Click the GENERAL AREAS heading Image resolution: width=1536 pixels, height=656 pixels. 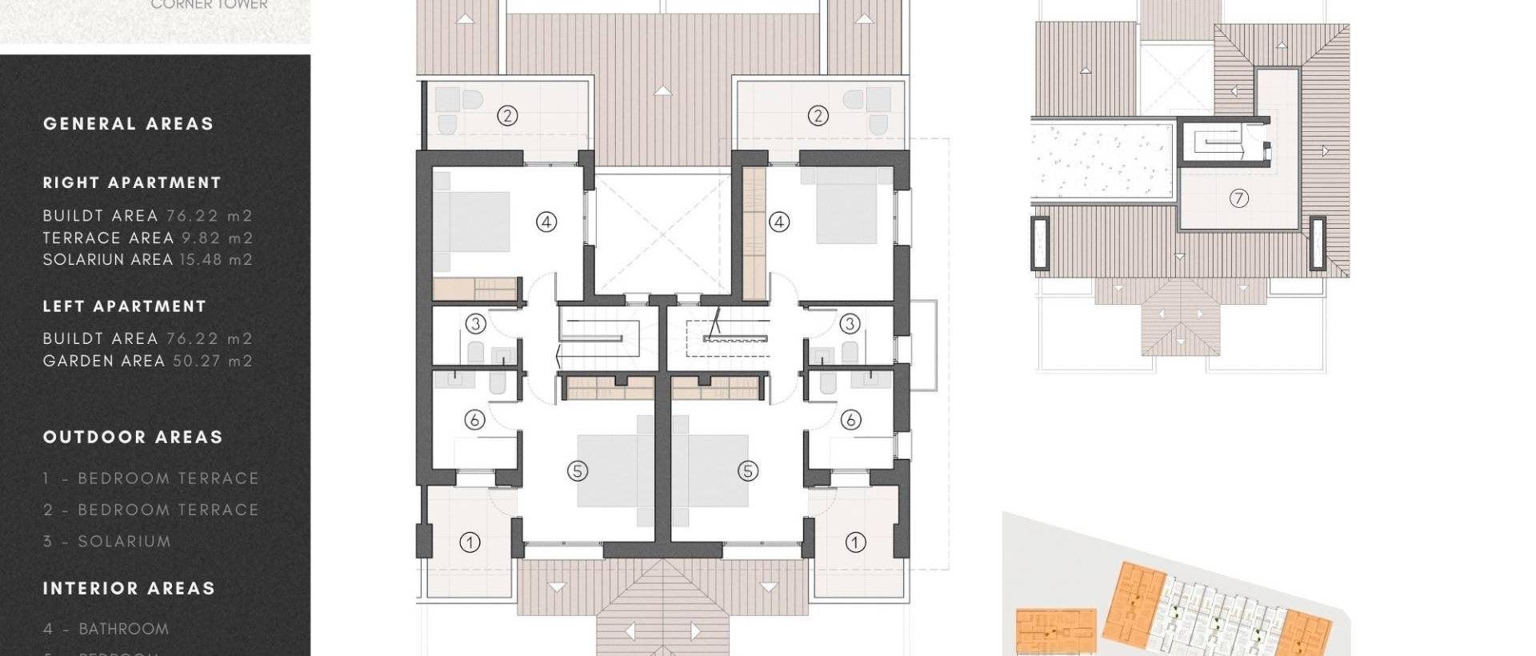pyautogui.click(x=128, y=124)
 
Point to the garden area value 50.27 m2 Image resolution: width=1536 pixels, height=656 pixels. pyautogui.click(x=213, y=361)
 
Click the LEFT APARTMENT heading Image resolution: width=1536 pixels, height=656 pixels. pyautogui.click(x=124, y=306)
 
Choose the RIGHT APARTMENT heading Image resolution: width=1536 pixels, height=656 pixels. pyautogui.click(x=131, y=182)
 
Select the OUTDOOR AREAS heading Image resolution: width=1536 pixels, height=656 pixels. pyautogui.click(x=132, y=437)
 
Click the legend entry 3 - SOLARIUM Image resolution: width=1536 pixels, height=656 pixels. pyautogui.click(x=106, y=542)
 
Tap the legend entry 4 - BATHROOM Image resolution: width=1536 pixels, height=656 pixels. pyautogui.click(x=106, y=629)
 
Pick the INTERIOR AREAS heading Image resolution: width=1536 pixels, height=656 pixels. pyautogui.click(x=129, y=589)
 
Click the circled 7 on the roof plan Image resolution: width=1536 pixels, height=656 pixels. pyautogui.click(x=1238, y=198)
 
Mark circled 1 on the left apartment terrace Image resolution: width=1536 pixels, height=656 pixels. pyautogui.click(x=470, y=542)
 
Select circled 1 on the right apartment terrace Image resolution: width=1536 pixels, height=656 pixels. pyautogui.click(x=855, y=542)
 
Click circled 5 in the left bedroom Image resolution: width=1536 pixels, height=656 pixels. pyautogui.click(x=578, y=471)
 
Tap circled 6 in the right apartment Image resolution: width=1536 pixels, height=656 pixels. pyautogui.click(x=850, y=419)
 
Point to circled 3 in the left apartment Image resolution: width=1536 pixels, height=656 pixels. pyautogui.click(x=475, y=323)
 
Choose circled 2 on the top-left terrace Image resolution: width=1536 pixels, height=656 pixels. pyautogui.click(x=507, y=116)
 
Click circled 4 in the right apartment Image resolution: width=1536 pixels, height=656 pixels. pyautogui.click(x=779, y=222)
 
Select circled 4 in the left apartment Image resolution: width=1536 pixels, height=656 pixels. pyautogui.click(x=546, y=222)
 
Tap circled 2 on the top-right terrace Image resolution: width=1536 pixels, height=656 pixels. pyautogui.click(x=818, y=116)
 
